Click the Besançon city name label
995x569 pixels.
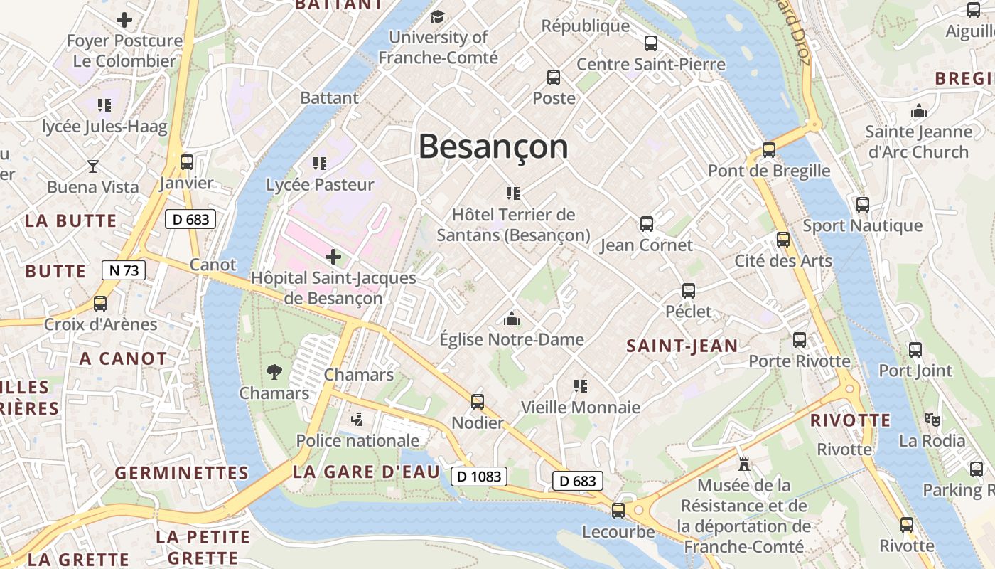pos(493,147)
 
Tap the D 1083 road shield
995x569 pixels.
pos(479,477)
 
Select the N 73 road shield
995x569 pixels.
pos(124,270)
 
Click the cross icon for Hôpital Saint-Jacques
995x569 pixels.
pos(333,256)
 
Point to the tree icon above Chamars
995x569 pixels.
pos(274,371)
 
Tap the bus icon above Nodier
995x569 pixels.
pos(478,402)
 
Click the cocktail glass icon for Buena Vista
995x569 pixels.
pos(93,166)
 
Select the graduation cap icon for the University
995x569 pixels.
pos(438,16)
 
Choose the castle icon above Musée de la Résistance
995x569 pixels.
pos(744,464)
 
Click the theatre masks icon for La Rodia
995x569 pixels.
pos(932,420)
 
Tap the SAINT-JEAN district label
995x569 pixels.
pos(682,346)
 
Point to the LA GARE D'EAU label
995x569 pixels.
pos(366,472)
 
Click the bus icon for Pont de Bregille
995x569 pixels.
pos(768,150)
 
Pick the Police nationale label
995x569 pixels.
pos(357,441)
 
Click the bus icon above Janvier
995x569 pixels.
pos(187,161)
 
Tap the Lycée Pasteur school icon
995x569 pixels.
pos(320,164)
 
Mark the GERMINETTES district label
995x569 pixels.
pos(182,473)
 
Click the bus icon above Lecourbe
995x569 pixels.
pos(618,510)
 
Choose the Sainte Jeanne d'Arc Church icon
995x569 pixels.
pos(919,111)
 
